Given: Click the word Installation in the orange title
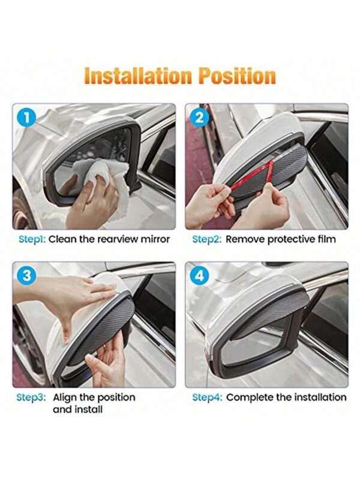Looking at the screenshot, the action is (138, 76).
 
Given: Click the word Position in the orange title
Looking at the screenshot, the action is (238, 76).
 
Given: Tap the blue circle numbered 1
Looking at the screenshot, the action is (27, 118).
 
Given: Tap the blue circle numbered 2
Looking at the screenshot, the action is (199, 118).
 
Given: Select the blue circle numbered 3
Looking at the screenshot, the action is (27, 276).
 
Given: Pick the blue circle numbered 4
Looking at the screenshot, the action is (199, 276).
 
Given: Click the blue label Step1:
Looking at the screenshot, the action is (32, 239).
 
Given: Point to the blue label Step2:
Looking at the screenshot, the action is (207, 239).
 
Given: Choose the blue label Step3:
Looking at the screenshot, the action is (31, 397).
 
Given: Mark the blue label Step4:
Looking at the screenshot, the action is (207, 397).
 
